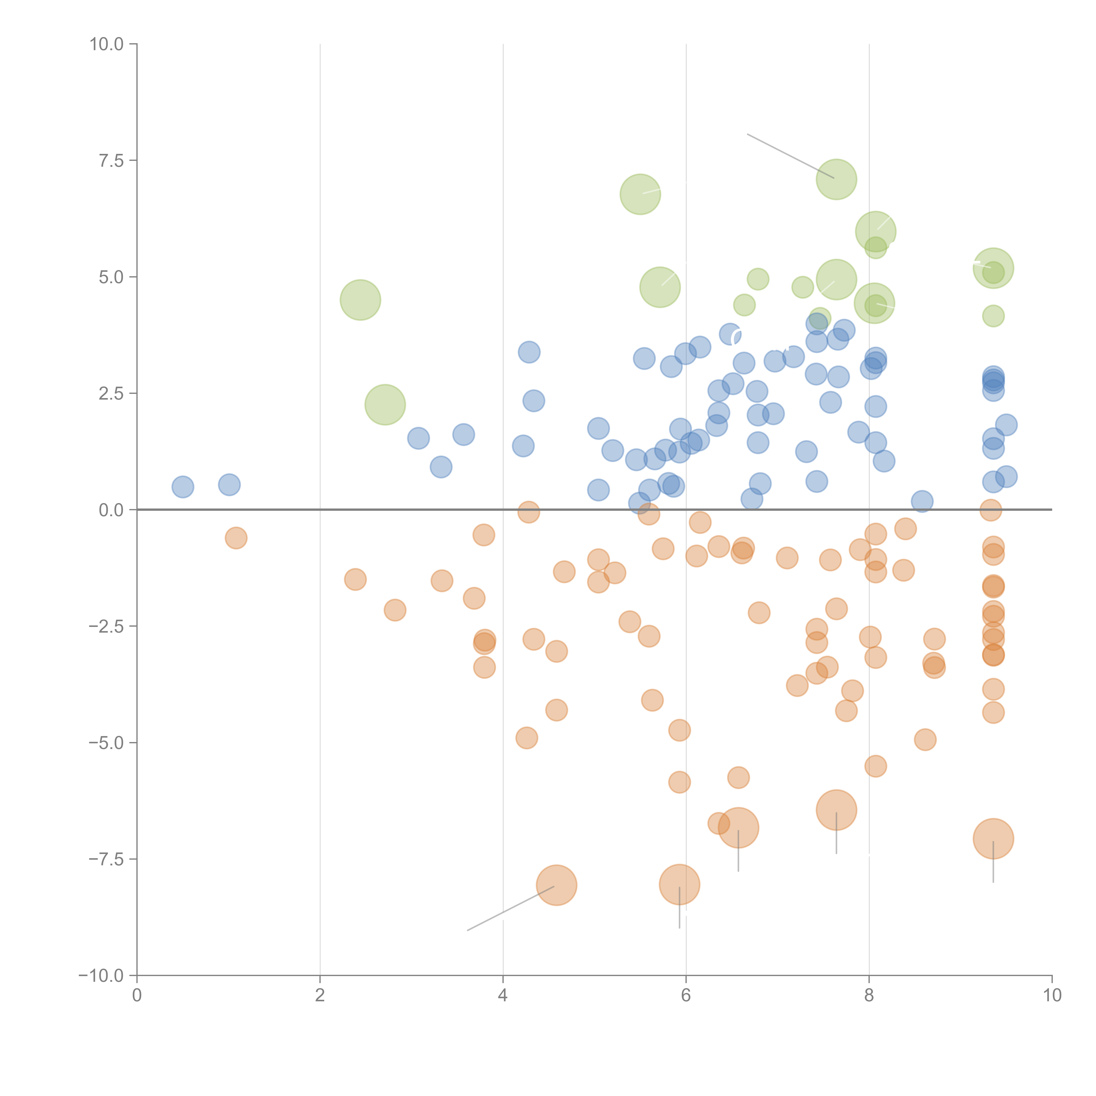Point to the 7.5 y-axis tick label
(111, 160)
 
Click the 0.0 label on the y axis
(111, 510)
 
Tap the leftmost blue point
(183, 487)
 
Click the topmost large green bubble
(836, 179)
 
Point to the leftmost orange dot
(236, 538)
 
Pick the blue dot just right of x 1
(229, 484)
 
